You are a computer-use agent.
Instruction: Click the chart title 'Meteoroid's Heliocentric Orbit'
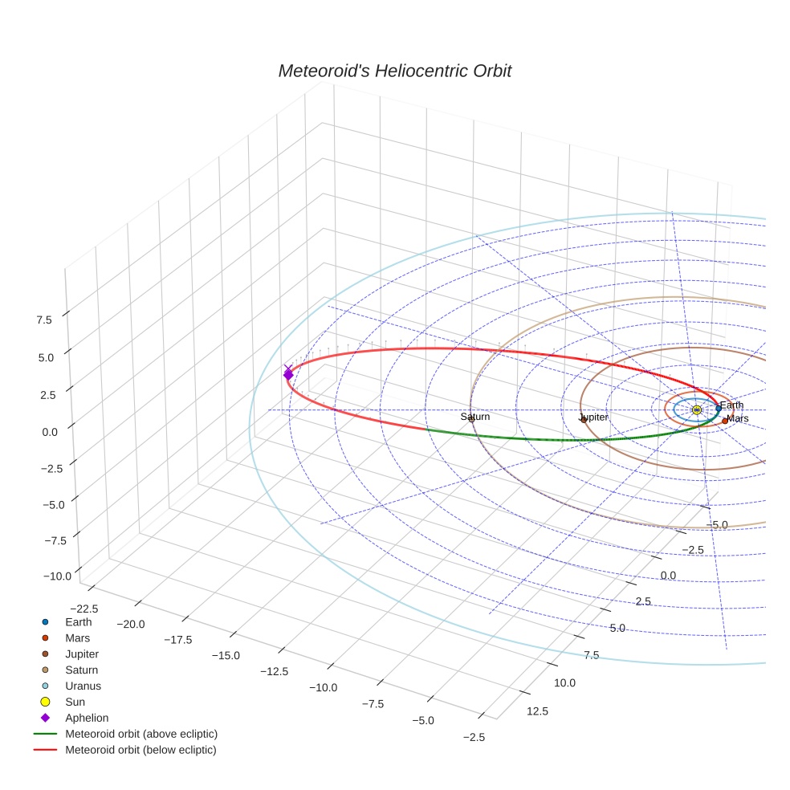pos(394,71)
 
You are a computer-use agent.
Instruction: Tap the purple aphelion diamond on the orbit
pos(288,374)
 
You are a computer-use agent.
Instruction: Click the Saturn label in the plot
pos(474,417)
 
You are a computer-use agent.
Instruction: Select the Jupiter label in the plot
pos(593,417)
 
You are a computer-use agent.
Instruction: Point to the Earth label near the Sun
pos(731,405)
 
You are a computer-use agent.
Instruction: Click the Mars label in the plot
pos(737,418)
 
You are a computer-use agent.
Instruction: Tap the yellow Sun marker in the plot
pos(696,409)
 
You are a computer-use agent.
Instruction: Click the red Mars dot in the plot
pos(724,421)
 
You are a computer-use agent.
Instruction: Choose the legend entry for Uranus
pos(83,686)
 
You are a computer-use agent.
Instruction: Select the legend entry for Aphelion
pos(86,718)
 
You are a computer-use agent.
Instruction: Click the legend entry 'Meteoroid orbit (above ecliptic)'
pos(141,734)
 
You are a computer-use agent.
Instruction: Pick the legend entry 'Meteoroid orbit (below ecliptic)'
pos(140,750)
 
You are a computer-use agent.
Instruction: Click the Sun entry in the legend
pos(75,702)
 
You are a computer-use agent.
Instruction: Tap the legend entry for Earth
pos(78,621)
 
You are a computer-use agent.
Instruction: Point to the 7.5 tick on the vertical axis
pos(43,320)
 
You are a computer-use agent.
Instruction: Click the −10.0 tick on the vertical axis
pos(58,576)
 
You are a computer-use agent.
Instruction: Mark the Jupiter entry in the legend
pos(81,654)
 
